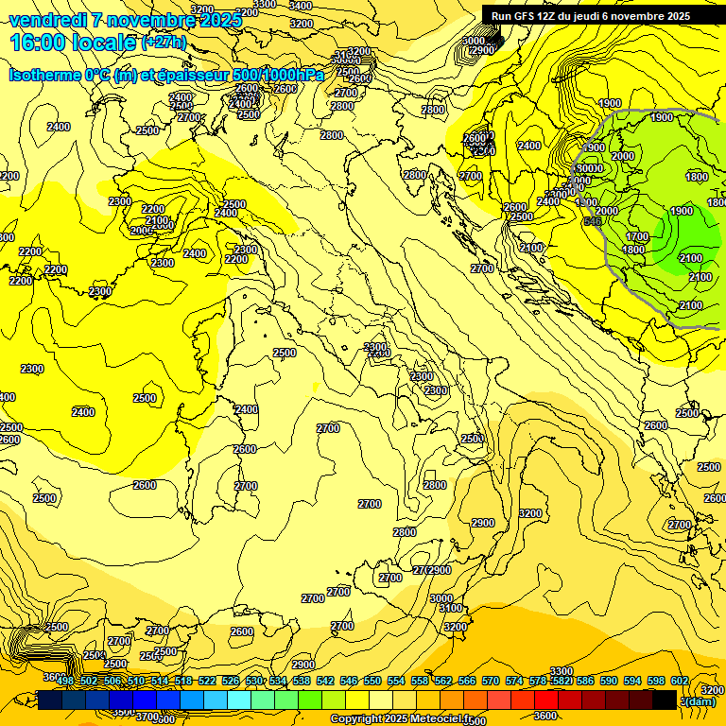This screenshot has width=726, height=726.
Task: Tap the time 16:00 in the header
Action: (x=38, y=43)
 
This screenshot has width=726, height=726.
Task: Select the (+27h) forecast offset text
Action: (x=164, y=43)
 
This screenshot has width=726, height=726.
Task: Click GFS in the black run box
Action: (x=525, y=16)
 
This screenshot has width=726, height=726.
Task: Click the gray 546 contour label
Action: (x=593, y=221)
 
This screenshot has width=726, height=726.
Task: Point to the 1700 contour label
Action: (x=637, y=236)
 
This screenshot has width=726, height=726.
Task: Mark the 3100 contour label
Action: (x=452, y=609)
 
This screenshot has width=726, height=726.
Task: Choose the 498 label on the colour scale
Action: (x=65, y=682)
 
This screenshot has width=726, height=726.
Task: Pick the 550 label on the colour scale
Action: (x=372, y=682)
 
